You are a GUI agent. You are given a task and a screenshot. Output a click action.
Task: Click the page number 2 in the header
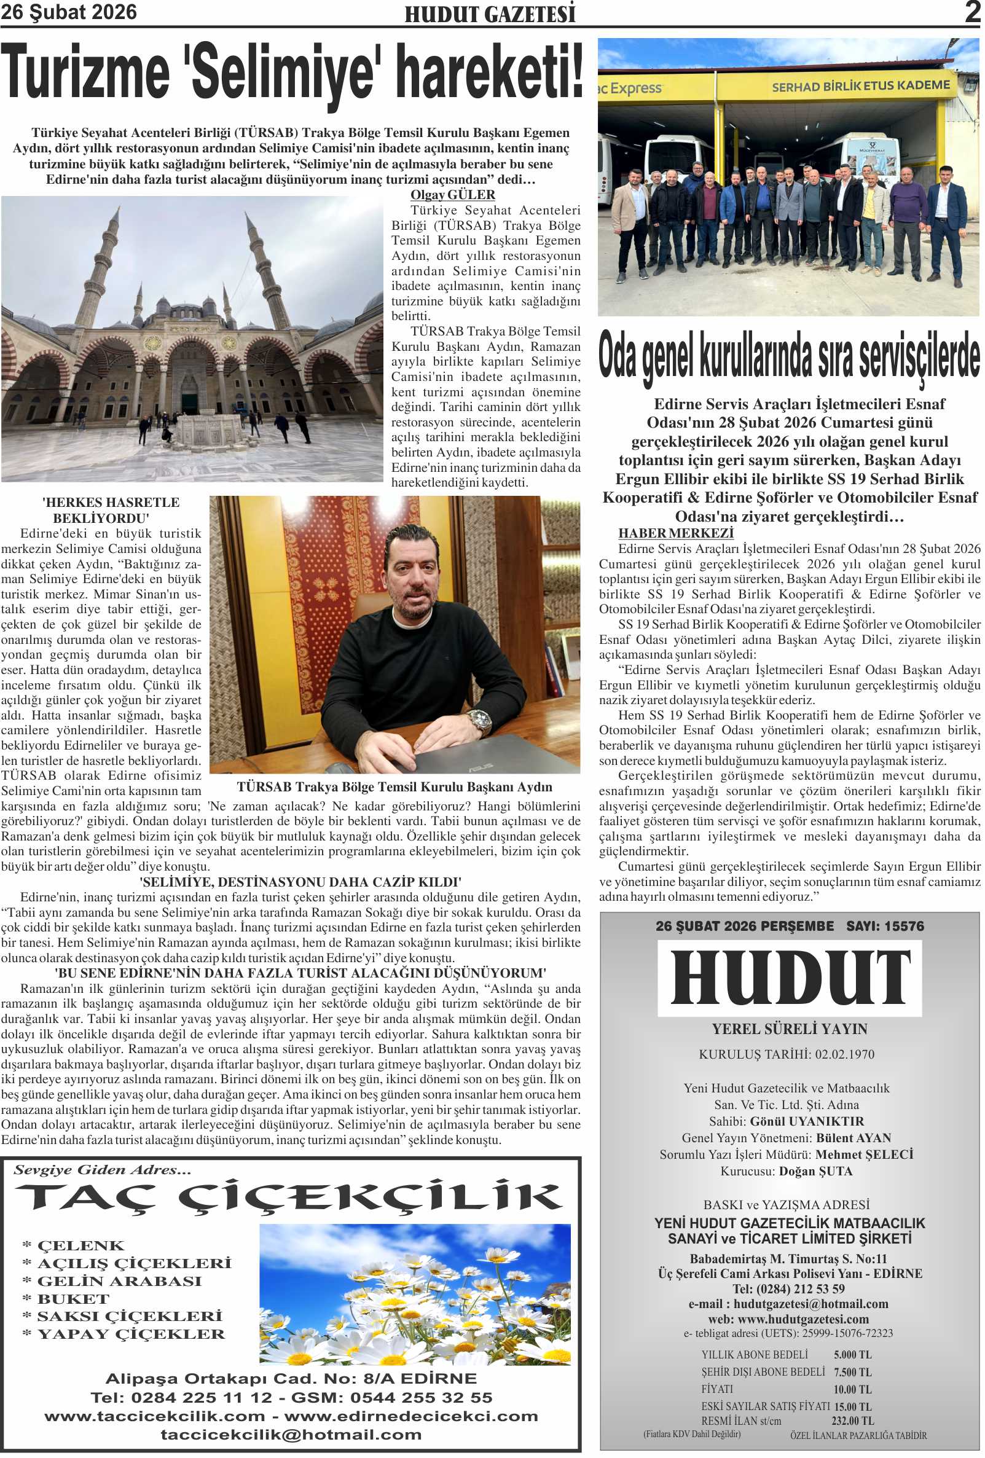point(972,12)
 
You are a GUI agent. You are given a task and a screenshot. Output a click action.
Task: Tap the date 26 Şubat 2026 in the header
point(68,12)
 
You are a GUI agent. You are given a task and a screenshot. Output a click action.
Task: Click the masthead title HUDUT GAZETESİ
point(489,14)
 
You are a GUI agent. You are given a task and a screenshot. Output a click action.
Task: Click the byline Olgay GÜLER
point(452,195)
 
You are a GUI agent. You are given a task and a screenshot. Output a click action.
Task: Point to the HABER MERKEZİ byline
point(675,533)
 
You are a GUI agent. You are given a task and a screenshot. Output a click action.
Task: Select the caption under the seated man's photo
point(394,786)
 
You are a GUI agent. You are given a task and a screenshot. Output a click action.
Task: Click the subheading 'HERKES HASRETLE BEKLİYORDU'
point(111,510)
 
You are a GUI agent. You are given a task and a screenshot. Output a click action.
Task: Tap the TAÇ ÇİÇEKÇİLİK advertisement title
point(289,1197)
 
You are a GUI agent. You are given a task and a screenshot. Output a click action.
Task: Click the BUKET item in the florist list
point(73,1299)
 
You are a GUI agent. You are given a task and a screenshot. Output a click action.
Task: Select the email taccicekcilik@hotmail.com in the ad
point(291,1435)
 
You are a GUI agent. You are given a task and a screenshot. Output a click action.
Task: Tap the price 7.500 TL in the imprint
point(852,1372)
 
